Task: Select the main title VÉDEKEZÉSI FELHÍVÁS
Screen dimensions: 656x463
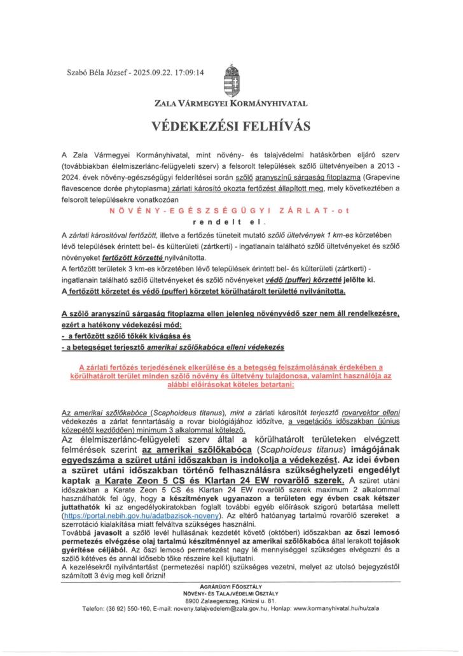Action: click(x=231, y=126)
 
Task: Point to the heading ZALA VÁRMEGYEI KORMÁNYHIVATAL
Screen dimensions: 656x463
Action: click(x=231, y=102)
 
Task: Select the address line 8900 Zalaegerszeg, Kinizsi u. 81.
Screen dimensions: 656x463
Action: click(x=231, y=601)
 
